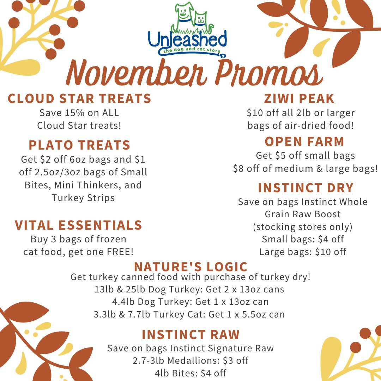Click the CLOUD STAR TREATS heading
[x=79, y=99]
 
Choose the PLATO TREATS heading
[x=79, y=145]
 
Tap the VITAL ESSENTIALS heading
[x=78, y=225]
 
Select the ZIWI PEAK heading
[x=300, y=99]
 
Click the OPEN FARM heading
[x=304, y=141]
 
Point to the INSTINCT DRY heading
[x=306, y=188]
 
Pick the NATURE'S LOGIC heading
[x=191, y=266]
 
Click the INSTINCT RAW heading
[x=190, y=334]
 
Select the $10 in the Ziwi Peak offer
[x=254, y=113]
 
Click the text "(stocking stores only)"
[x=303, y=226]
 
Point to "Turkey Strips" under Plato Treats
[x=83, y=198]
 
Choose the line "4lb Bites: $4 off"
[x=190, y=373]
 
